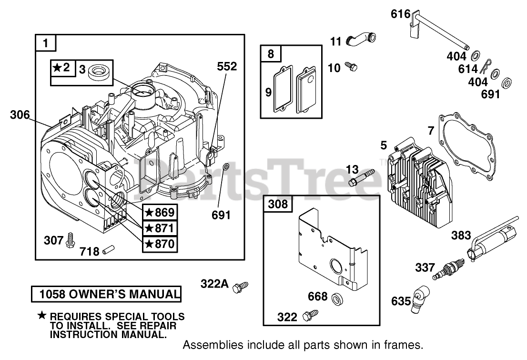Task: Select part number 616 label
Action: (x=400, y=14)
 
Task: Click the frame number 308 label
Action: (x=278, y=204)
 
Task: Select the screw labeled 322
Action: (x=313, y=315)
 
